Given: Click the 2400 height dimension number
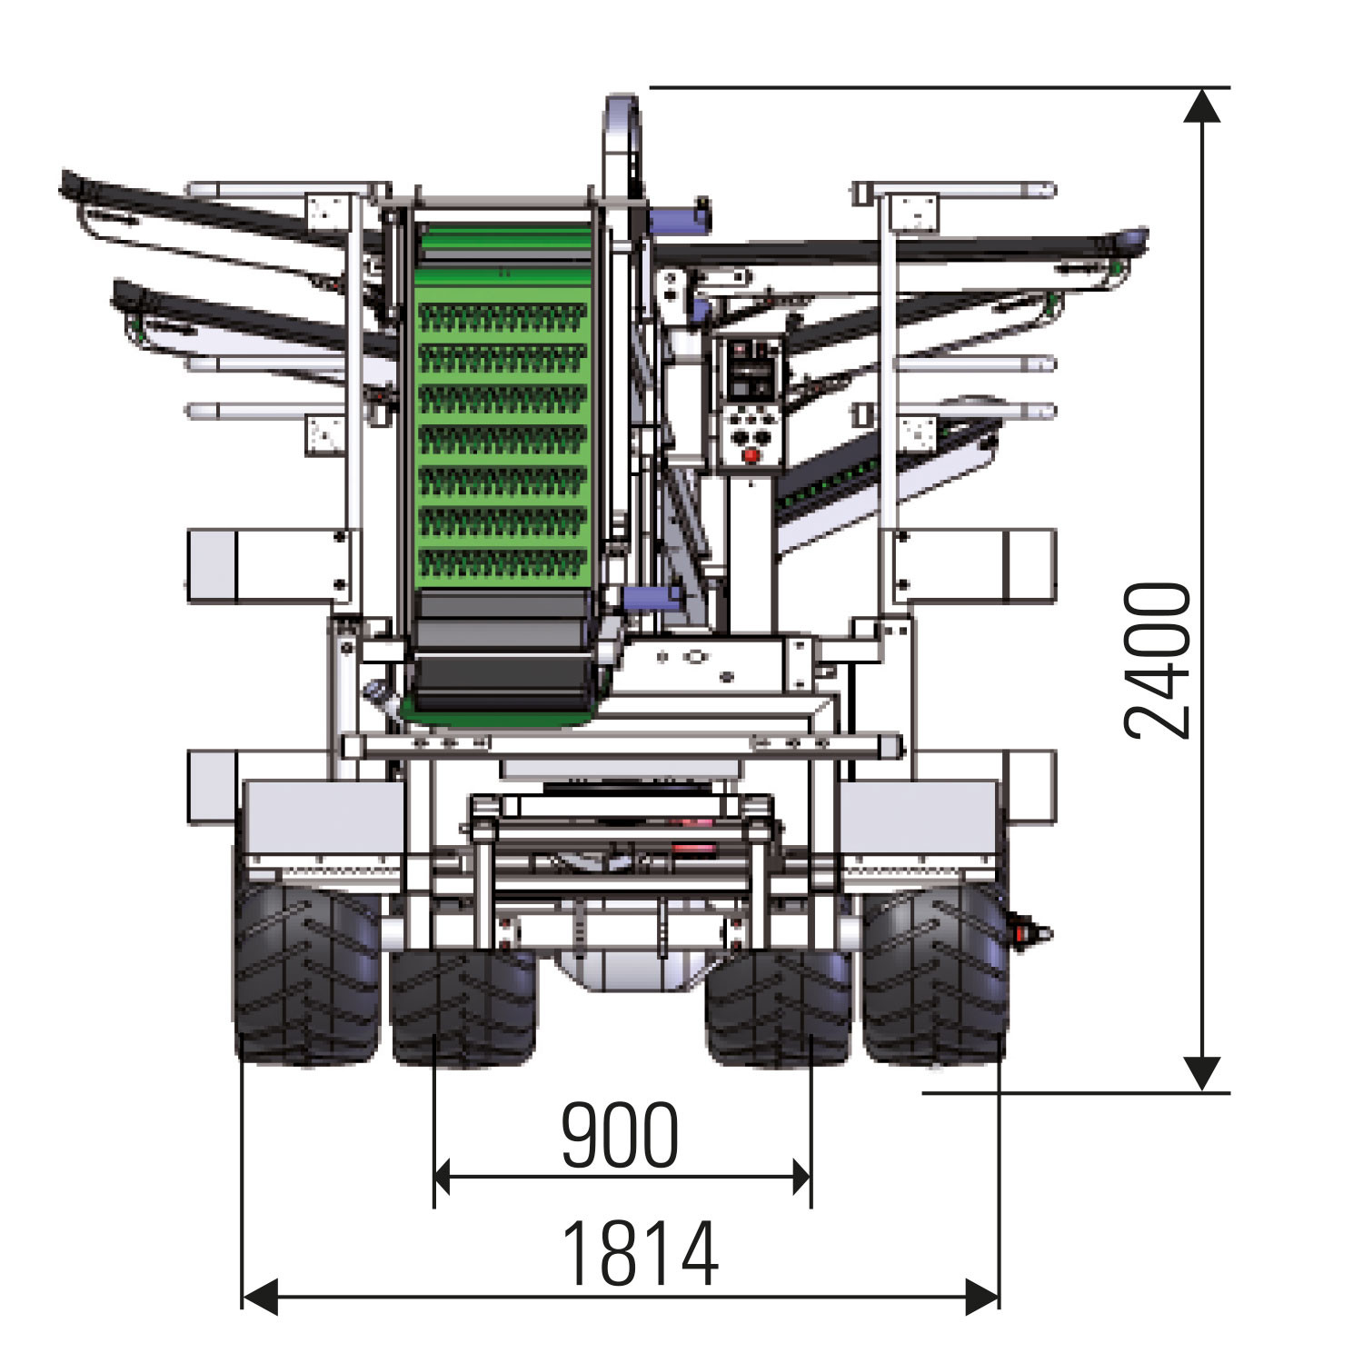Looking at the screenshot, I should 1158,660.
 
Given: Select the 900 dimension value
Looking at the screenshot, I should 620,1135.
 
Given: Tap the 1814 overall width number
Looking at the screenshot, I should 641,1254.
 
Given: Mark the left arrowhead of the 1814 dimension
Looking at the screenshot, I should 260,1296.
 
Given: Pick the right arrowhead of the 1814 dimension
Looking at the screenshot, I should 981,1296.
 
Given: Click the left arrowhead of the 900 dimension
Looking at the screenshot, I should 443,1178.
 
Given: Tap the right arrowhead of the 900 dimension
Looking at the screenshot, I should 801,1178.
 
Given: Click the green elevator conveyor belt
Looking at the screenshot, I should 502,409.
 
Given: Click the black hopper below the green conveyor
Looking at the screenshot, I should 502,650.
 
